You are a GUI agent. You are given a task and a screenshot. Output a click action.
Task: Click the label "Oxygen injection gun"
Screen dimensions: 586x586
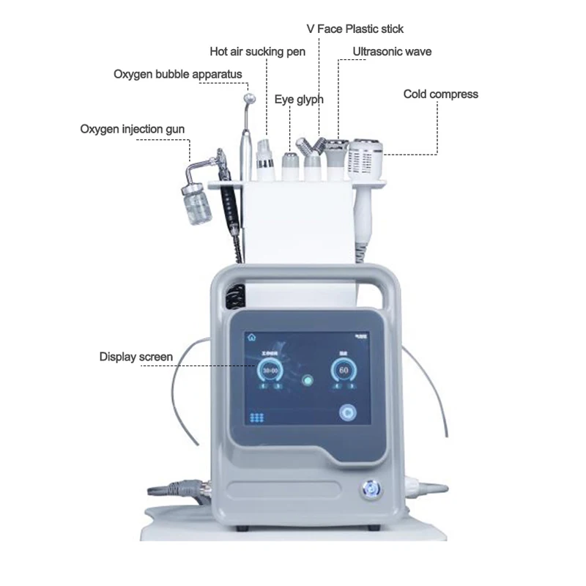click(132, 130)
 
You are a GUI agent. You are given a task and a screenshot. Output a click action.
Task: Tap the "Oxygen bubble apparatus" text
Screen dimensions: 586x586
click(177, 74)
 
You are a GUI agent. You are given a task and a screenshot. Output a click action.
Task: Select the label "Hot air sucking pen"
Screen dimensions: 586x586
click(257, 51)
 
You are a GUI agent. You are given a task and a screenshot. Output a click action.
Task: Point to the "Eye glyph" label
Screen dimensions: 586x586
click(299, 99)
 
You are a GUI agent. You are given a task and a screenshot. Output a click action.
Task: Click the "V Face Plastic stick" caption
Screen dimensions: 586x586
click(355, 29)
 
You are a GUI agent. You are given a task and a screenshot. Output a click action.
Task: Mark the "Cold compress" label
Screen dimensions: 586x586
click(440, 94)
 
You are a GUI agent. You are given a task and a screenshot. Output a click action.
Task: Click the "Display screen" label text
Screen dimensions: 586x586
click(136, 357)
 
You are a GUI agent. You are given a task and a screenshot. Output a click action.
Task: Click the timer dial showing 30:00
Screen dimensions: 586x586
click(270, 371)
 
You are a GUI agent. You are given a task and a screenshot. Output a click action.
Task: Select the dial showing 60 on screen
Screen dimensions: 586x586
click(343, 371)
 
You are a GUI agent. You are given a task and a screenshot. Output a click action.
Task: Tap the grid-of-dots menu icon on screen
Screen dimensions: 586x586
click(257, 417)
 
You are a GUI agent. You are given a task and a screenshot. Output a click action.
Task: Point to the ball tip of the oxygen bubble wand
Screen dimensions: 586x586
click(250, 98)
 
